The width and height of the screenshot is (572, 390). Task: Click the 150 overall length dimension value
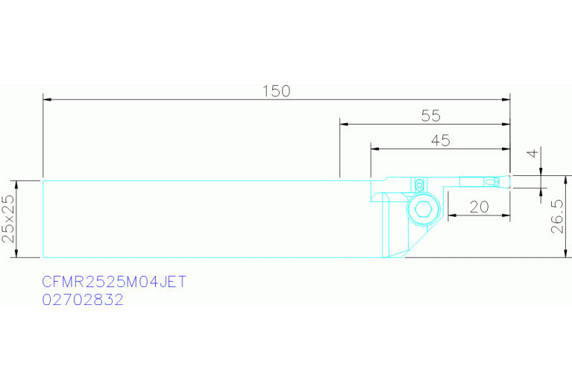tap(277, 91)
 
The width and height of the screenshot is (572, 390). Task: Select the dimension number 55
tap(431, 116)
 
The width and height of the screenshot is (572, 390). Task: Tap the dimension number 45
tap(440, 140)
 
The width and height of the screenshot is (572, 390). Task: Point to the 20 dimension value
tap(479, 207)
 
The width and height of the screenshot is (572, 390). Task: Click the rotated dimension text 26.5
tap(557, 216)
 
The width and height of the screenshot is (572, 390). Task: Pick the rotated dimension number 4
tap(533, 153)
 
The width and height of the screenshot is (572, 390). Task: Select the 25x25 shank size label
tap(8, 219)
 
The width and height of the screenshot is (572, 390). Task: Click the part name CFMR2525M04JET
tap(114, 282)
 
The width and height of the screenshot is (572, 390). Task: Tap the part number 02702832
tap(83, 300)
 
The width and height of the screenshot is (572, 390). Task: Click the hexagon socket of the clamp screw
tap(423, 210)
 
